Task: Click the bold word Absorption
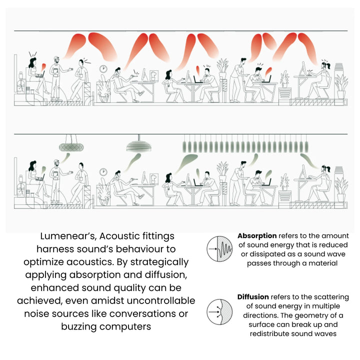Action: coord(257,236)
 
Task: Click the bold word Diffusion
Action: coord(253,297)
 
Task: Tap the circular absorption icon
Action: coord(219,249)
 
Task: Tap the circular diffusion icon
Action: coord(219,312)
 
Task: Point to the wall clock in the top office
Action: coord(103,68)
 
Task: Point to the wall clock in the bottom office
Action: coord(103,171)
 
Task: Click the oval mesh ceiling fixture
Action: coord(71,147)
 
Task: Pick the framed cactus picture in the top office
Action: coord(154,75)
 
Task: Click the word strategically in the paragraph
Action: coord(159,262)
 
